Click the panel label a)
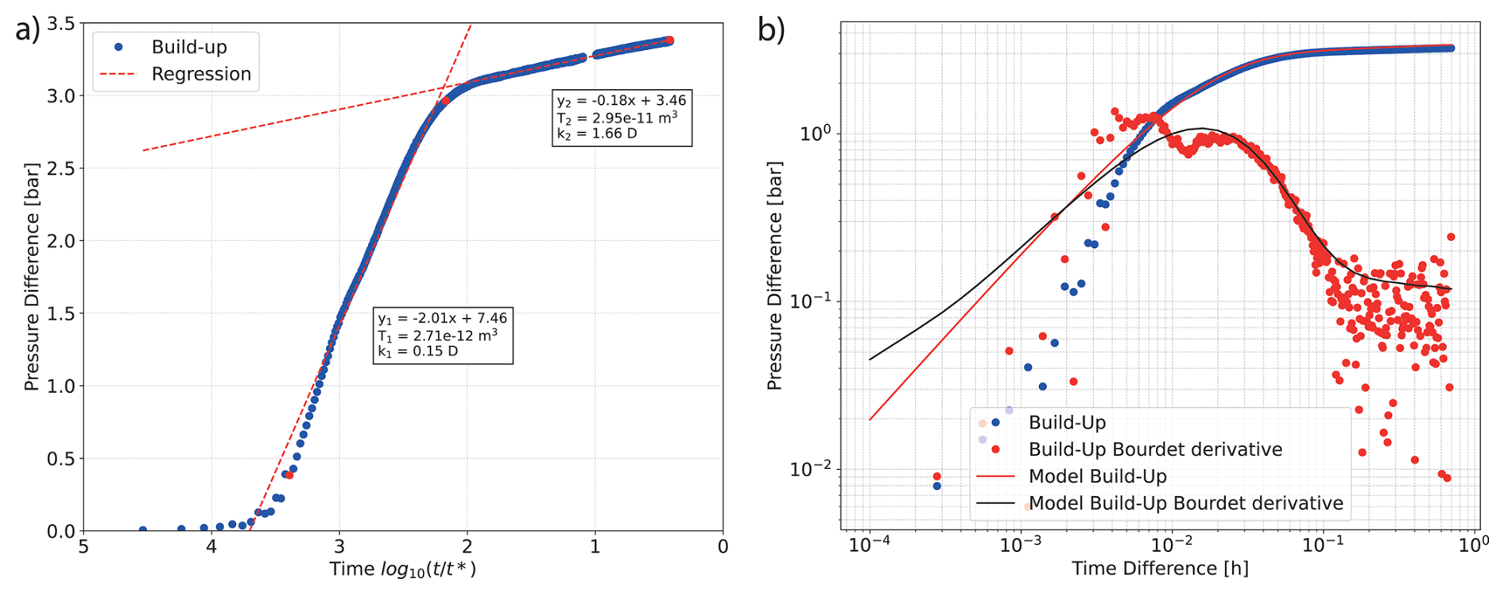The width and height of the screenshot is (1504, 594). pyautogui.click(x=27, y=29)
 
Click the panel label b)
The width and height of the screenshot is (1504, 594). pyautogui.click(x=770, y=30)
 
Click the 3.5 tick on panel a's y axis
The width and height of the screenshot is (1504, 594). pyautogui.click(x=61, y=24)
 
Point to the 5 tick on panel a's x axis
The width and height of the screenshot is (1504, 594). pyautogui.click(x=83, y=547)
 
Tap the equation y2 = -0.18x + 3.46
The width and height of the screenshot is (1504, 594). pyautogui.click(x=621, y=101)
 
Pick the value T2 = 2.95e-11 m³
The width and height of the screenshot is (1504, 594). pyautogui.click(x=617, y=118)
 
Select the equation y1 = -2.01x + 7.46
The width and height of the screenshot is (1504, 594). pyautogui.click(x=442, y=318)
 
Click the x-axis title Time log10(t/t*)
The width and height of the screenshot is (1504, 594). pyautogui.click(x=403, y=569)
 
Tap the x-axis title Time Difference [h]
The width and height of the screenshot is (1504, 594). pyautogui.click(x=1160, y=569)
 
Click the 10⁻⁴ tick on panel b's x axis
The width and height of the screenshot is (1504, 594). pyautogui.click(x=869, y=545)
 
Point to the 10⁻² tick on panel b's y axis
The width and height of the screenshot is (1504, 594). pyautogui.click(x=809, y=469)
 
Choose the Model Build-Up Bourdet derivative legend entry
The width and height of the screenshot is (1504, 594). pyautogui.click(x=1185, y=503)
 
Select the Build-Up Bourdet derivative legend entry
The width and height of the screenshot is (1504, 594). pyautogui.click(x=1155, y=449)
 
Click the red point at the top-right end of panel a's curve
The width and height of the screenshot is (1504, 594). pyautogui.click(x=669, y=41)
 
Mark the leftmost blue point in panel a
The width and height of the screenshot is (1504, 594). pyautogui.click(x=143, y=530)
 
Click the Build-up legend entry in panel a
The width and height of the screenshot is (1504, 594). pyautogui.click(x=188, y=47)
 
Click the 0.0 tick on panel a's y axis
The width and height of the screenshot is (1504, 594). pyautogui.click(x=61, y=530)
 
